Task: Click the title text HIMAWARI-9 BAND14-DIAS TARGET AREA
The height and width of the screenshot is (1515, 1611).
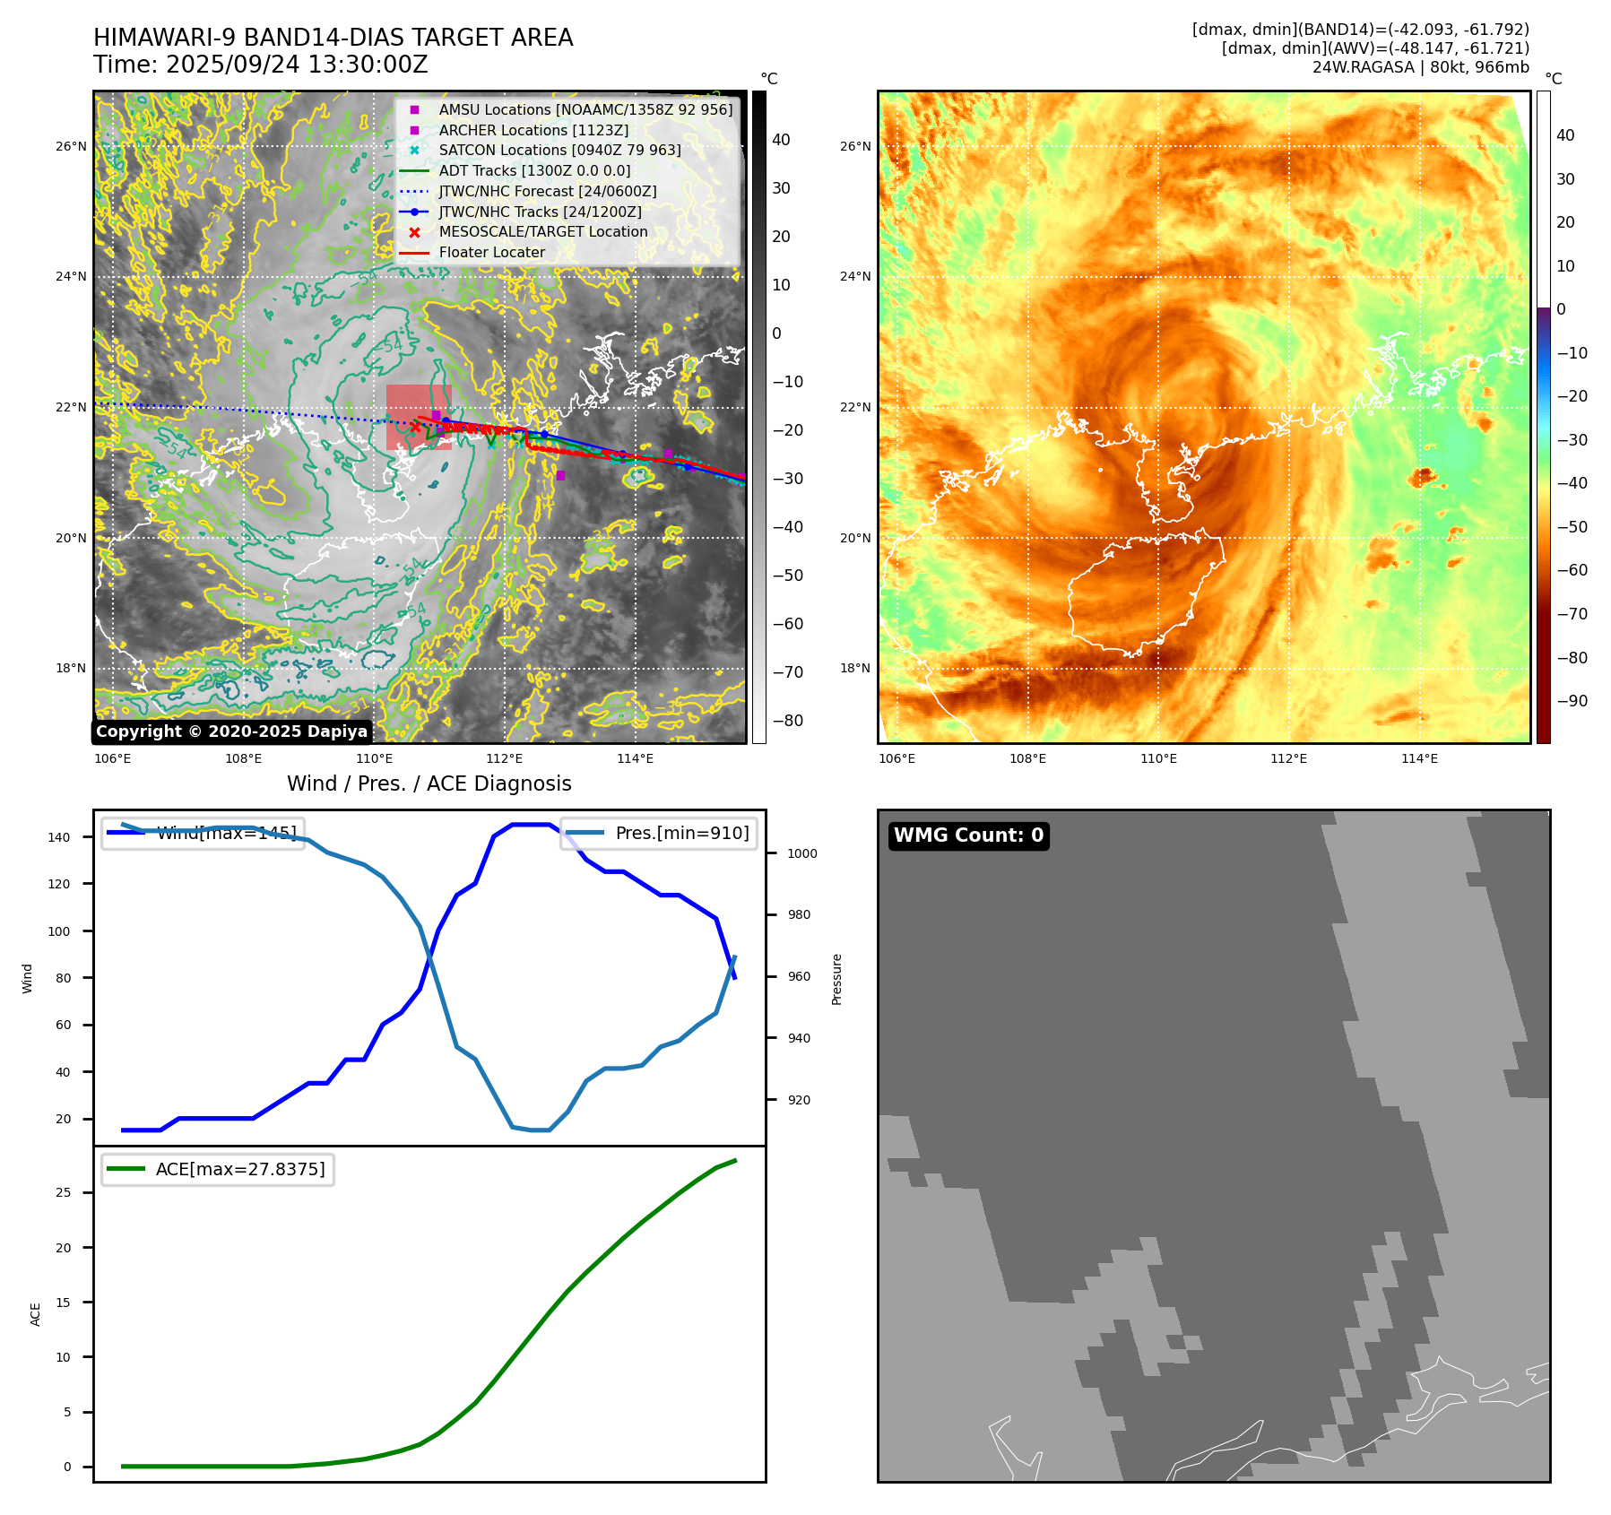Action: [x=333, y=38]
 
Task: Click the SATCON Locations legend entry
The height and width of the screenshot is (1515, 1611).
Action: [x=559, y=151]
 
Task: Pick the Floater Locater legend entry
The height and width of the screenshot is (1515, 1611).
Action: [x=491, y=253]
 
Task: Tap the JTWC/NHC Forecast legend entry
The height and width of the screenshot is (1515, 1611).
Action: [x=547, y=192]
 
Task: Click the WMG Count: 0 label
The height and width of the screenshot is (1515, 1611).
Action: [x=968, y=835]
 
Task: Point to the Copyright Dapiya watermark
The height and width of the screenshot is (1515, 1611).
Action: [x=231, y=732]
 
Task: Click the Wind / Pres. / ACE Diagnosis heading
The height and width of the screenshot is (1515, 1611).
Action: [x=429, y=783]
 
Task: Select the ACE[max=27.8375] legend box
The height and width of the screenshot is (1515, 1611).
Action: [x=218, y=1169]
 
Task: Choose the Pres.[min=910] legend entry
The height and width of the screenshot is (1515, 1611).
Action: [x=659, y=833]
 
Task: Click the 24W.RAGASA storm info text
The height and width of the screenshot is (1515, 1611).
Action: [x=1420, y=67]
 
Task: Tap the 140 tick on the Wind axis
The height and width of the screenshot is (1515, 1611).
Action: [x=59, y=837]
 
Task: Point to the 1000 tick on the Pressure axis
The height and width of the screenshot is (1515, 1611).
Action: [x=801, y=853]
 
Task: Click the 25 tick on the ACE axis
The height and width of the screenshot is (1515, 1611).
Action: [x=63, y=1192]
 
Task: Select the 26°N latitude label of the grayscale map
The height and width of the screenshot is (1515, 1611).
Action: [x=71, y=146]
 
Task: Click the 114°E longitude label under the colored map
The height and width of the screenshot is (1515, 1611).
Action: [x=1419, y=758]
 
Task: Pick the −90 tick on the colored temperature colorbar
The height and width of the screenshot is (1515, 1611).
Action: [x=1572, y=701]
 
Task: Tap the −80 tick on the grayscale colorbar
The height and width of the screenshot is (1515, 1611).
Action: [x=788, y=721]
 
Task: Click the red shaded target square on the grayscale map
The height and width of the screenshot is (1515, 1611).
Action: [x=419, y=417]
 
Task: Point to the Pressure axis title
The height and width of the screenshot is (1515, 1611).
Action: [x=836, y=979]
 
